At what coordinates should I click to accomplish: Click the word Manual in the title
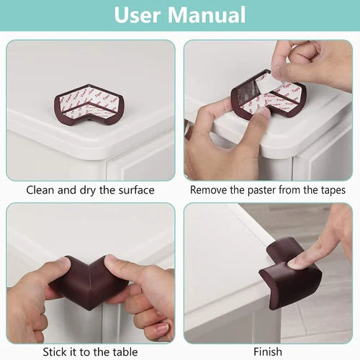tap(207, 15)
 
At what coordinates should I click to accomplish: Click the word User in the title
tap(137, 15)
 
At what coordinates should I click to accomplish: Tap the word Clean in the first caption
tap(40, 190)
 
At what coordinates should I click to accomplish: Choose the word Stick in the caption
tap(55, 352)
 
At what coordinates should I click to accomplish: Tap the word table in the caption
tap(125, 352)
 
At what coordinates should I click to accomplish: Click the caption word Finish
tap(268, 352)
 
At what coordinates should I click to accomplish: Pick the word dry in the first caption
tap(88, 191)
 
